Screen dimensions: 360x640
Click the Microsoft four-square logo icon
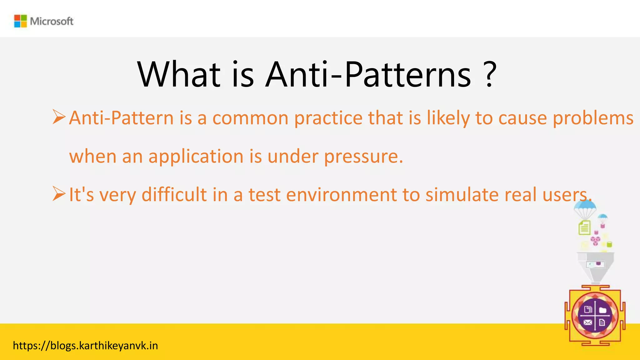pos(21,21)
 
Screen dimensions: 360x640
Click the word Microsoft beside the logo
pos(52,21)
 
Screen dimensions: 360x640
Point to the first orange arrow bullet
pos(59,117)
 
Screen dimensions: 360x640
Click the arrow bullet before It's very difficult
pos(59,193)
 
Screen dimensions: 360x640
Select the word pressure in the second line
pos(363,156)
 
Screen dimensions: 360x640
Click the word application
pos(196,156)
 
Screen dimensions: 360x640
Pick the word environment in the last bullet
pos(341,194)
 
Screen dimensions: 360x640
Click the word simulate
pos(462,194)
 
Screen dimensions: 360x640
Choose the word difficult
pos(174,194)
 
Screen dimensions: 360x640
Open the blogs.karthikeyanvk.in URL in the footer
pos(85,346)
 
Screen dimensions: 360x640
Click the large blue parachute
pos(585,208)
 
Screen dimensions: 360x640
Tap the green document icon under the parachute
pos(584,227)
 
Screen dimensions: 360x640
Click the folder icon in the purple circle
pos(603,310)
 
